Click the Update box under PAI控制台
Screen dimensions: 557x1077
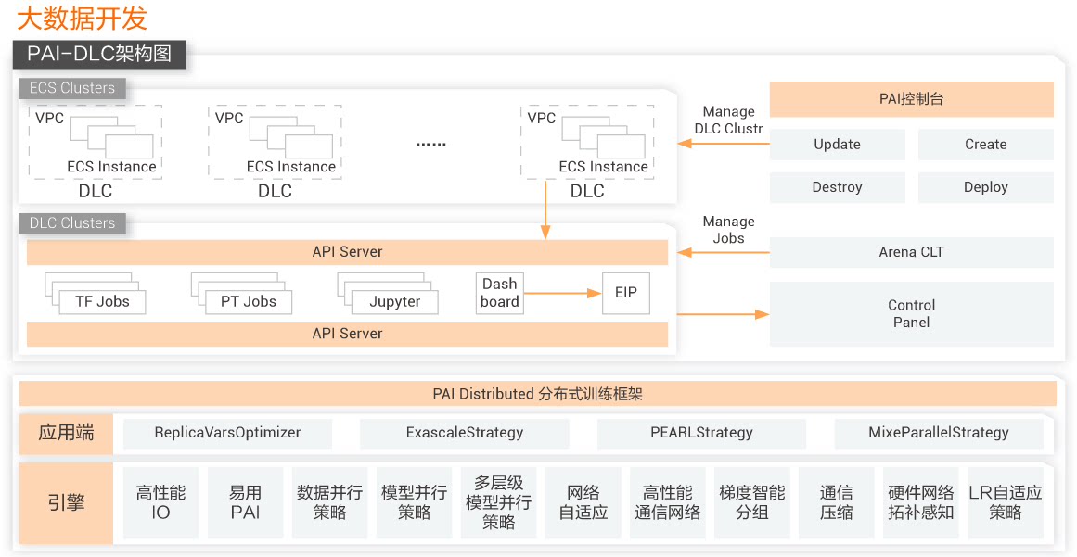837,145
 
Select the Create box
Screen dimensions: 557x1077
985,145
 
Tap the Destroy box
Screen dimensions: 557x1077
837,187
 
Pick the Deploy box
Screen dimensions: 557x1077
985,187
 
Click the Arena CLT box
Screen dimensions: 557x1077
911,252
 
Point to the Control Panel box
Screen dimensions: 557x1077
911,313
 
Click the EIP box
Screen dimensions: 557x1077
626,293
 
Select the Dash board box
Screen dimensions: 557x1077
500,293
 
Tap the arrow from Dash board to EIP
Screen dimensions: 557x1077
562,294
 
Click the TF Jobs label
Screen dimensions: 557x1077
102,301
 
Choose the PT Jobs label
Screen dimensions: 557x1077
248,301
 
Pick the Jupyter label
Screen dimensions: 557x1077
394,301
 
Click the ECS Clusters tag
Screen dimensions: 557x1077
72,88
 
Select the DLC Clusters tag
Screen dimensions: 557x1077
72,223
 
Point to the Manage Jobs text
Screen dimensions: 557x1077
728,230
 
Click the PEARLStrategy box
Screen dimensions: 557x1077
701,433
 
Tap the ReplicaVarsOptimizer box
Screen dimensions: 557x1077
227,433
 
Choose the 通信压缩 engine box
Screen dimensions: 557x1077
836,502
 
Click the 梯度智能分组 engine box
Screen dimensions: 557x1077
751,502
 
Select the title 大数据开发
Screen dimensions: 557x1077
82,19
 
